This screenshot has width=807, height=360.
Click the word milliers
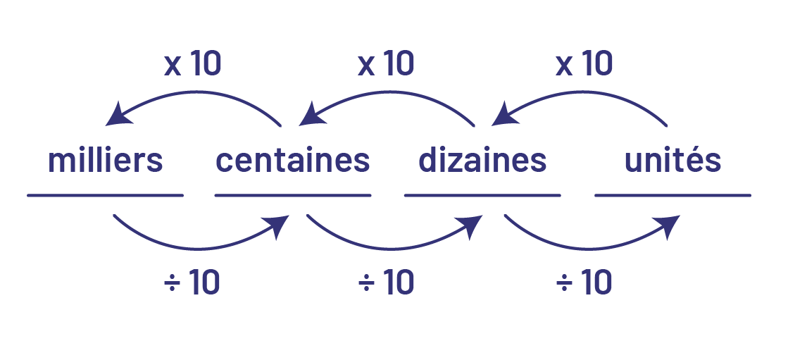pyautogui.click(x=105, y=161)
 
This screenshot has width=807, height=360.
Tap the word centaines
pyautogui.click(x=292, y=161)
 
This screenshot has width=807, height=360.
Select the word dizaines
pyautogui.click(x=482, y=161)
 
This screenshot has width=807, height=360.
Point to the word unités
pyautogui.click(x=672, y=161)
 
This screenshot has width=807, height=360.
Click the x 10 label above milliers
pyautogui.click(x=192, y=64)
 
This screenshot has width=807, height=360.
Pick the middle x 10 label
pyautogui.click(x=386, y=64)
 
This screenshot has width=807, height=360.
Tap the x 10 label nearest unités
pyautogui.click(x=584, y=64)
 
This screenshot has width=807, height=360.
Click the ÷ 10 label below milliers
pyautogui.click(x=192, y=283)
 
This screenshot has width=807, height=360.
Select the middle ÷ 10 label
pyautogui.click(x=386, y=283)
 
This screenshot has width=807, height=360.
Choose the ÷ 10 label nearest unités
pyautogui.click(x=584, y=283)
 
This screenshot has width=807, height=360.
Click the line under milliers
pyautogui.click(x=105, y=195)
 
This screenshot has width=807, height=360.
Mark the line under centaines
pyautogui.click(x=292, y=195)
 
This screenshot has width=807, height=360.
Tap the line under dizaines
pyautogui.click(x=482, y=195)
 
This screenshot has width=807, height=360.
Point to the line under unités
pyautogui.click(x=672, y=195)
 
